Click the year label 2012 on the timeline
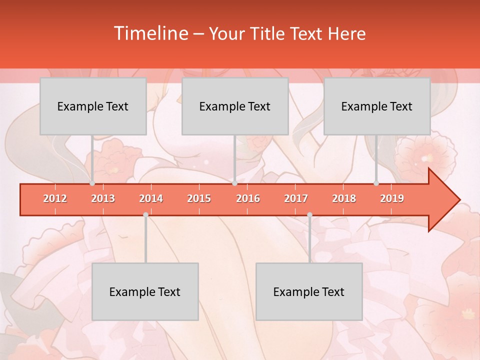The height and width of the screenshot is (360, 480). point(55,198)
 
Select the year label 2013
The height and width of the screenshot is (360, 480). point(103,198)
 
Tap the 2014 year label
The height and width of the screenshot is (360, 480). point(151,198)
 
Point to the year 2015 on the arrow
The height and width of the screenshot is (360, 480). point(199,198)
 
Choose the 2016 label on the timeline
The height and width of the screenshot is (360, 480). point(248,198)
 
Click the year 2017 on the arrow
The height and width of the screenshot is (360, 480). point(296,198)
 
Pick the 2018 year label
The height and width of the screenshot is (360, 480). point(344,198)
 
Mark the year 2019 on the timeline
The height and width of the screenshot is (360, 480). point(392,198)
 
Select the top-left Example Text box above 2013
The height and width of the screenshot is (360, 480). point(93,106)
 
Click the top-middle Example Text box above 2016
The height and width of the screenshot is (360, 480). point(235,106)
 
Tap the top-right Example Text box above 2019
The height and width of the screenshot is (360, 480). point(377,106)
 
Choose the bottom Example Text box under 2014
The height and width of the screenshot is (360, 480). point(145,291)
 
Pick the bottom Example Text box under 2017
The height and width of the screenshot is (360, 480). point(309,291)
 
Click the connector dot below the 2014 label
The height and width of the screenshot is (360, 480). point(145,214)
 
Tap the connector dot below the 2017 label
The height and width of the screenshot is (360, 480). point(309,214)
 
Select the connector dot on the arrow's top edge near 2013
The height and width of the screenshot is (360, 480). point(92,183)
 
